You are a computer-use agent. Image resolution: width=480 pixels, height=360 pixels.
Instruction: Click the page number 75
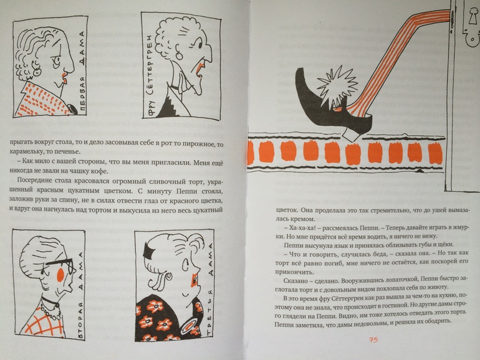point(373,340)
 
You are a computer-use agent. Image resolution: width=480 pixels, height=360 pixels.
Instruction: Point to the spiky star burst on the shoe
point(337,89)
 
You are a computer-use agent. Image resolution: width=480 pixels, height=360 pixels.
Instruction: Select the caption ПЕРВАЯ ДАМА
point(82,72)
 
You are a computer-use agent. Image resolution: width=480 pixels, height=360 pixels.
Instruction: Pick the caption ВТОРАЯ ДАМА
point(81,295)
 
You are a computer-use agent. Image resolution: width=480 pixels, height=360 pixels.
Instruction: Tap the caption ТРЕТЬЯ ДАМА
point(209,290)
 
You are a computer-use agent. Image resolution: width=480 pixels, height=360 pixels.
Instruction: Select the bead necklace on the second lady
point(50,306)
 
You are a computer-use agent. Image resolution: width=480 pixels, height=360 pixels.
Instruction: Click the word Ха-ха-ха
point(296,228)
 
